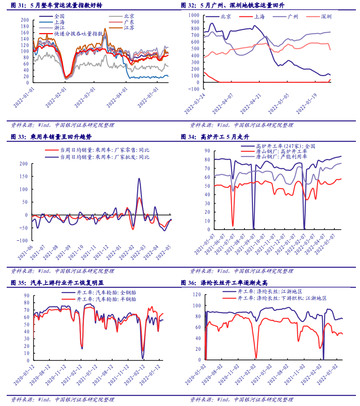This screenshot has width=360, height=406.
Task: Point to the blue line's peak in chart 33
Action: click(139, 179)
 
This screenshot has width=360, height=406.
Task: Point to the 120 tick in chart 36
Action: click(197, 295)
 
